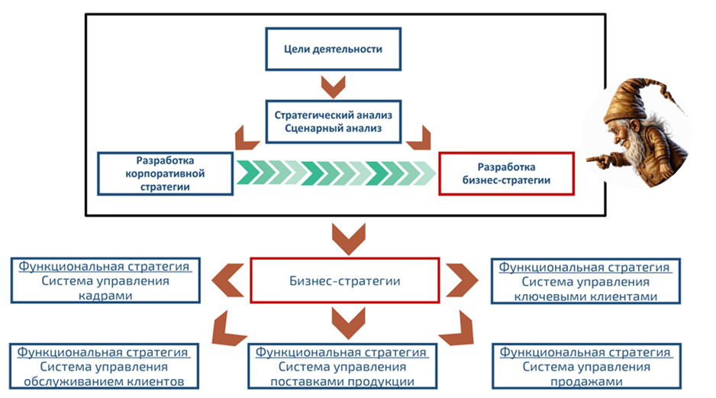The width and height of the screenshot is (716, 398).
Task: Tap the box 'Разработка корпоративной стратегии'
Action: pos(165,173)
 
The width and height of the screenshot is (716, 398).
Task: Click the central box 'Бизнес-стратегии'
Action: pos(345,280)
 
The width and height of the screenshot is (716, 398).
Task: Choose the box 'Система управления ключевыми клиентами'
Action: pos(585,281)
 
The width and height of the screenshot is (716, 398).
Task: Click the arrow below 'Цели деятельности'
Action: pos(334,86)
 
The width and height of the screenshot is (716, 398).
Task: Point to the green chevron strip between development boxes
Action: pos(336,173)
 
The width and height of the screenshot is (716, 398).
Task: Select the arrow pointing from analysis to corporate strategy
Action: pos(247,137)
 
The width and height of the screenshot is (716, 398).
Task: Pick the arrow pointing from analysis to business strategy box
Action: pos(419,137)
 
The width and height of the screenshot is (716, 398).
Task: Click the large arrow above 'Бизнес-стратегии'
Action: pos(345,238)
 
